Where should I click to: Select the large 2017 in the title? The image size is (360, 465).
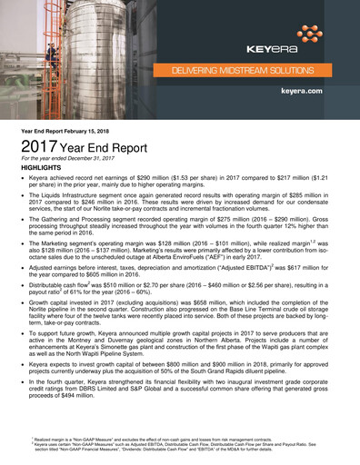coord(39,148)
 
